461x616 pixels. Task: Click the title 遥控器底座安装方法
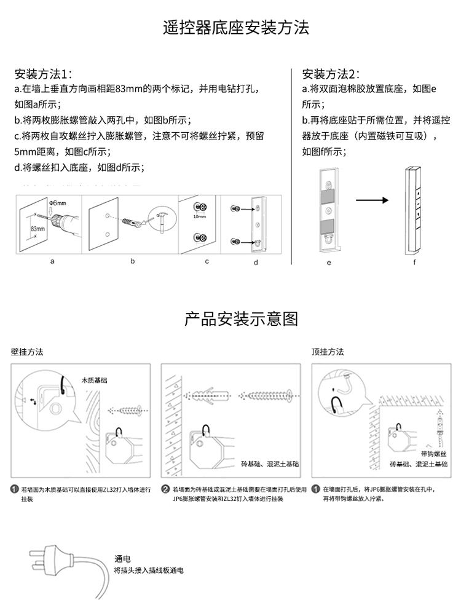(236, 28)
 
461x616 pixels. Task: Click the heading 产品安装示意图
(242, 319)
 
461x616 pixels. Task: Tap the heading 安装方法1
(43, 74)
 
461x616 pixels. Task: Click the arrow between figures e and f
(372, 200)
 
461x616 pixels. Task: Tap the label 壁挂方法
(27, 352)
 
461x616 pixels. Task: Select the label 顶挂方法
(328, 352)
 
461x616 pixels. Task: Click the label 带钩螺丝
(434, 453)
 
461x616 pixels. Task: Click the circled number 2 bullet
(165, 489)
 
